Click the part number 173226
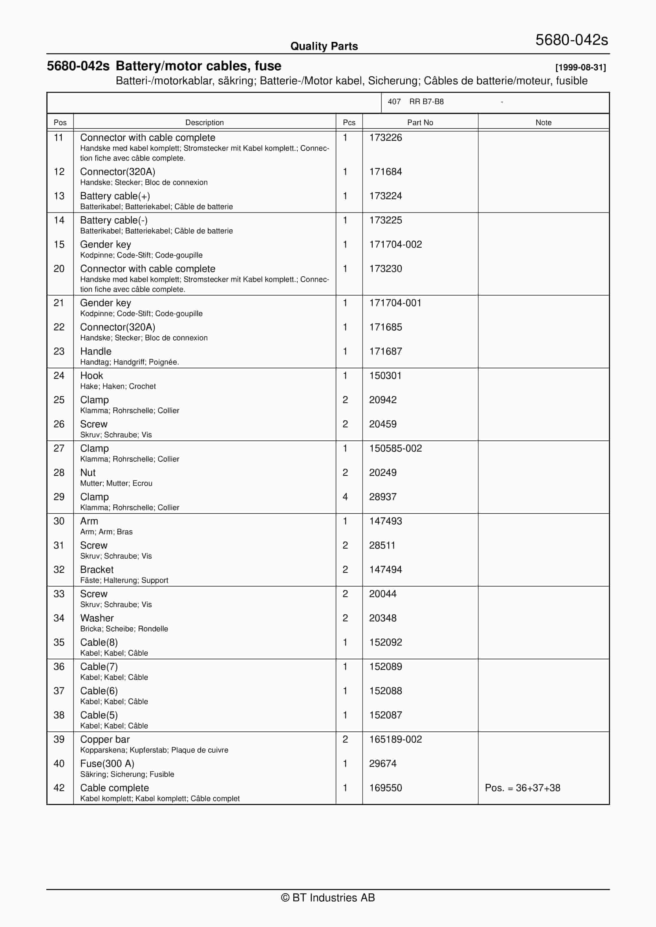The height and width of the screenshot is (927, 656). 385,138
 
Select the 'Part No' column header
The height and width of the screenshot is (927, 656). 420,123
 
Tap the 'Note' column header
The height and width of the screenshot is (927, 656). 543,123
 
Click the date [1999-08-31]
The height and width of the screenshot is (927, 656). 580,68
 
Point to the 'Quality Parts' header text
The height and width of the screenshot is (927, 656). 324,46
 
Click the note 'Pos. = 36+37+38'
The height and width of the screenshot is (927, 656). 522,788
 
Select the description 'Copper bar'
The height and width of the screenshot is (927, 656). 105,739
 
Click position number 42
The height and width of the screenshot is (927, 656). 59,788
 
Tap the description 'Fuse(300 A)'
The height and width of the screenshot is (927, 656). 107,764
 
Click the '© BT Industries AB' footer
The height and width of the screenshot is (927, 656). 328,898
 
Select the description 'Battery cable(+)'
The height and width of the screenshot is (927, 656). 115,196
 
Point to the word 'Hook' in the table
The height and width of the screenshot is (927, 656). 91,376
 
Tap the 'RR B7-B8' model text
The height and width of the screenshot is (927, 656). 426,102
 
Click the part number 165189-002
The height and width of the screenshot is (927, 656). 395,739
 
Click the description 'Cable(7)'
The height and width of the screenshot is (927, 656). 99,667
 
